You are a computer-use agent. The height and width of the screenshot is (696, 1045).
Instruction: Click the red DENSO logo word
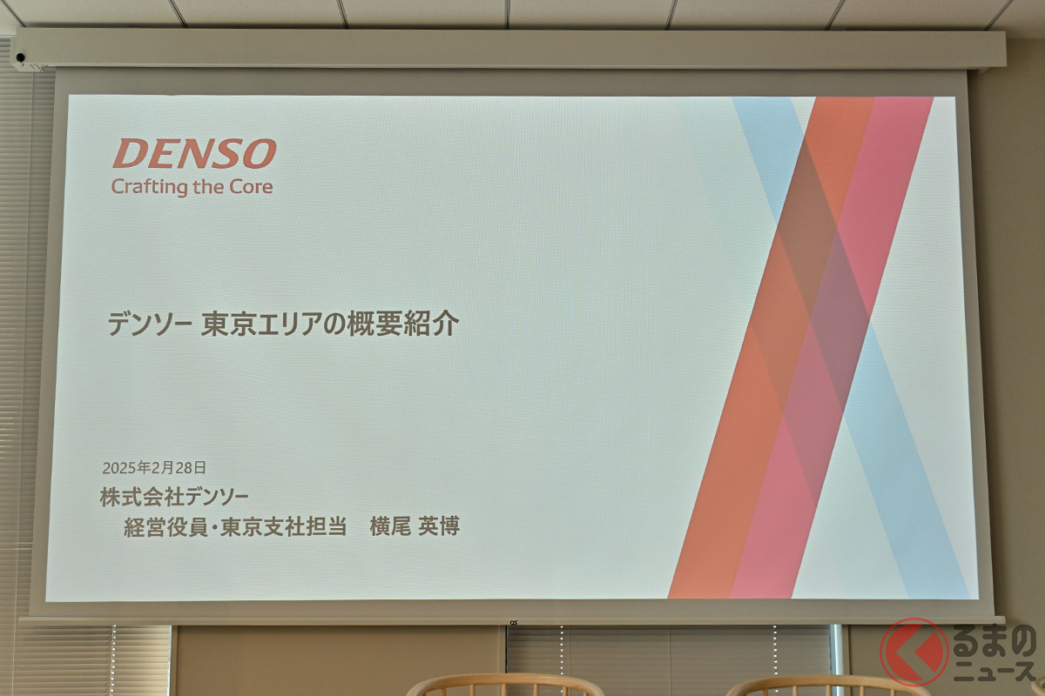(194, 153)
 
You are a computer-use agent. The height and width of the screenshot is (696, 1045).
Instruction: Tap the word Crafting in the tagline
(150, 187)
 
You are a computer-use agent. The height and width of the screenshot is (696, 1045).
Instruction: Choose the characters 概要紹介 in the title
(403, 324)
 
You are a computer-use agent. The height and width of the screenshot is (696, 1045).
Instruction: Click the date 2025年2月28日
(154, 467)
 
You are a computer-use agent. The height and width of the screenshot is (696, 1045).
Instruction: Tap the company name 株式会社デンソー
(174, 498)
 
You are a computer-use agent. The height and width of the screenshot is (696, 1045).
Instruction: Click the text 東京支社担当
(284, 526)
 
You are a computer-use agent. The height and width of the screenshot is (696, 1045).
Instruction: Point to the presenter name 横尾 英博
(415, 526)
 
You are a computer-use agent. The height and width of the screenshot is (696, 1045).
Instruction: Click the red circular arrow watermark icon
(914, 652)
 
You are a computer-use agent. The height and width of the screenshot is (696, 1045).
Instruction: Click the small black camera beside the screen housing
(21, 57)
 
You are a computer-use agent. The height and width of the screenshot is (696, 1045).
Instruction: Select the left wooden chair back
(505, 686)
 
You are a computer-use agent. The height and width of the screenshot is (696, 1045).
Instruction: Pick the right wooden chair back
(826, 686)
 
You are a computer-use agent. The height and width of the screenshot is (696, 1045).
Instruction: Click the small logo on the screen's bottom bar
(513, 622)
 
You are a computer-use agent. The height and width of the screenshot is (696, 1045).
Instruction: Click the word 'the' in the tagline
(208, 187)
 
